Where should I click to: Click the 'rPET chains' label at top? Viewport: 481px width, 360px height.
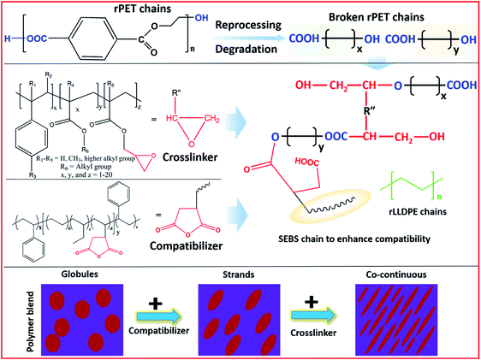(x=128, y=9)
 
